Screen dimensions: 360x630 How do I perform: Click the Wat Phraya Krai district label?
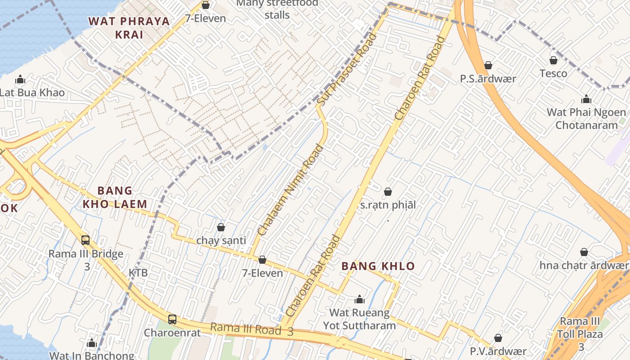pyautogui.click(x=129, y=27)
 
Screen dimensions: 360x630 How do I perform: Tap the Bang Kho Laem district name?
pyautogui.click(x=115, y=198)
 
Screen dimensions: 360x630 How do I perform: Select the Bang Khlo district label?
pyautogui.click(x=378, y=266)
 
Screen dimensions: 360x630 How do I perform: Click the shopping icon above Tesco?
pyautogui.click(x=553, y=60)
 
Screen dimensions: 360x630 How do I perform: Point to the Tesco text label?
pyautogui.click(x=553, y=73)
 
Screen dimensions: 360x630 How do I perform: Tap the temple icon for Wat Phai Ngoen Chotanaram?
pyautogui.click(x=586, y=99)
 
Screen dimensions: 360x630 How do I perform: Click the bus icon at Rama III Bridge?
pyautogui.click(x=85, y=240)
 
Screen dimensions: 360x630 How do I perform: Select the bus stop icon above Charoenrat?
pyautogui.click(x=172, y=319)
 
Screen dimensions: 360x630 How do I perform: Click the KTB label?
pyautogui.click(x=138, y=273)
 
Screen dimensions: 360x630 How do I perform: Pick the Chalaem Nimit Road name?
pyautogui.click(x=291, y=189)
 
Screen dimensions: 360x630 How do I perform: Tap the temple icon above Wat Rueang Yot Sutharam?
pyautogui.click(x=359, y=299)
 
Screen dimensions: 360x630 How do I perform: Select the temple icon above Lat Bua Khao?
pyautogui.click(x=20, y=80)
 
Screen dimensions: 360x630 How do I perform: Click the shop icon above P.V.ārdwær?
pyautogui.click(x=498, y=338)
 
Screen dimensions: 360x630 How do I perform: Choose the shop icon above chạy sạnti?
pyautogui.click(x=221, y=227)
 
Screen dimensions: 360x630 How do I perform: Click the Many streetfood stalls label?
pyautogui.click(x=277, y=9)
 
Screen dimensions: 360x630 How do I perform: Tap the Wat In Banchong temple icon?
pyautogui.click(x=92, y=343)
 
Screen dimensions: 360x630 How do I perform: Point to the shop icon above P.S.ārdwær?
pyautogui.click(x=488, y=66)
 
